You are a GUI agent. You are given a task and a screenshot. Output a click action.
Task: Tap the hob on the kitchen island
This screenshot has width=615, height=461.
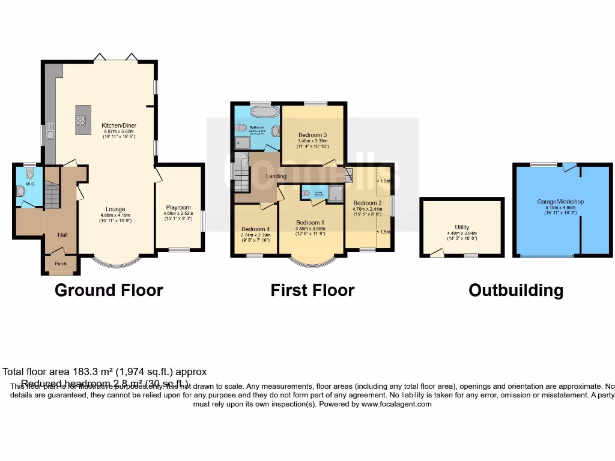click(x=83, y=119)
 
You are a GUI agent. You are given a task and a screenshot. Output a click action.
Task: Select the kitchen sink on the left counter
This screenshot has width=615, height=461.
click(x=51, y=130)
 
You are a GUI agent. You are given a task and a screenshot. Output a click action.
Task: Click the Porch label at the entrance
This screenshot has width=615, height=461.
click(x=61, y=264)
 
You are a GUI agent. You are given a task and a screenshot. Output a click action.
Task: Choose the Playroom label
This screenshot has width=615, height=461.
click(x=178, y=208)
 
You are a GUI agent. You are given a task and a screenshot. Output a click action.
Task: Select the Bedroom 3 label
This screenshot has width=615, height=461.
click(x=312, y=134)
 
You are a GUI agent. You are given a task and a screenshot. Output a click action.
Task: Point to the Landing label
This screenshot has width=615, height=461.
click(x=276, y=176)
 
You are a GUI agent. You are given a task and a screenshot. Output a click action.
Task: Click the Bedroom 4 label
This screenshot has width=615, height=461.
click(x=256, y=229)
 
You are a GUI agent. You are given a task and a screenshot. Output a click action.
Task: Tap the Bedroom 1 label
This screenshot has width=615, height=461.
click(x=311, y=222)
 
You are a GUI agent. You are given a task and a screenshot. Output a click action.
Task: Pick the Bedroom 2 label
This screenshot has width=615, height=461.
click(x=365, y=203)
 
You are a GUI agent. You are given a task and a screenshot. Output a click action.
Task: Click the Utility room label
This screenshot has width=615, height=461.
click(x=461, y=227)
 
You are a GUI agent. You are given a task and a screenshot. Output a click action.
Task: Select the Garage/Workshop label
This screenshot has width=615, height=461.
click(x=560, y=202)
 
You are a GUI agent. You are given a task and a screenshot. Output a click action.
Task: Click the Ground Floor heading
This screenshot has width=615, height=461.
click(x=109, y=291)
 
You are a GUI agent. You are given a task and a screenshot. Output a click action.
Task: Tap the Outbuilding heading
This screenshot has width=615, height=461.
click(x=516, y=291)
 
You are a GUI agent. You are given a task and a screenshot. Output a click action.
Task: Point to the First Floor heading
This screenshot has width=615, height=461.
click(x=312, y=291)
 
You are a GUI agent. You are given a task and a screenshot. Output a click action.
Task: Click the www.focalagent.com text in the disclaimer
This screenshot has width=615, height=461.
click(x=396, y=404)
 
